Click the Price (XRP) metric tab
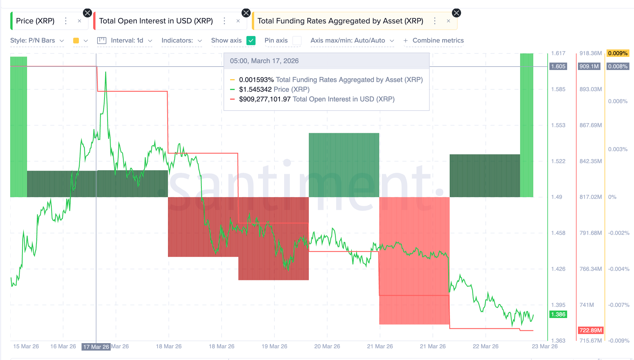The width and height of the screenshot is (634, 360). [x=35, y=21]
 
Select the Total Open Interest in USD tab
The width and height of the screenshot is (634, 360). [x=156, y=21]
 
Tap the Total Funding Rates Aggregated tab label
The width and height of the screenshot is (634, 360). [x=340, y=21]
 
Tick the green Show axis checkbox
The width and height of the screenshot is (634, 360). [x=251, y=41]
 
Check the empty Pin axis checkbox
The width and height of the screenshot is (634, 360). [x=297, y=41]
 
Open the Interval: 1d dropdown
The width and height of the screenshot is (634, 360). [x=127, y=41]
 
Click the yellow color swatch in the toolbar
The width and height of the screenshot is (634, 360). [x=76, y=41]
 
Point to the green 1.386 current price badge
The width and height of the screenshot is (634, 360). [x=558, y=314]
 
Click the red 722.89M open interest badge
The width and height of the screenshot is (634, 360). [x=591, y=330]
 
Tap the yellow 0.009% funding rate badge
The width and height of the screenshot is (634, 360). [x=617, y=53]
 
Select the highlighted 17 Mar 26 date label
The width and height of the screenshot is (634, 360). [x=96, y=347]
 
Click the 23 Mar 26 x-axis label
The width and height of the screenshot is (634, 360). [x=544, y=346]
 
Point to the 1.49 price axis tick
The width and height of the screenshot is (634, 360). [x=557, y=197]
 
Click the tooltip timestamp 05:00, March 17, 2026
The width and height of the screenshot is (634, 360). [x=264, y=61]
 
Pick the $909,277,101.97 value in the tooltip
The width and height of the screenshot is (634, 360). [x=265, y=99]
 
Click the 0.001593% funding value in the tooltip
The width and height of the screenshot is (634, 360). [x=256, y=80]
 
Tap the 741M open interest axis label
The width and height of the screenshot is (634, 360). [x=587, y=305]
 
